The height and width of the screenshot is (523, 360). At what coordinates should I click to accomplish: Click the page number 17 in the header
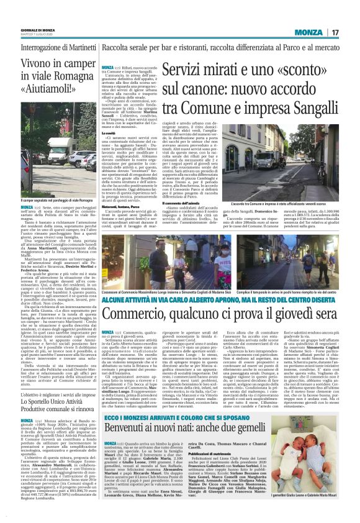point(335,32)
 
